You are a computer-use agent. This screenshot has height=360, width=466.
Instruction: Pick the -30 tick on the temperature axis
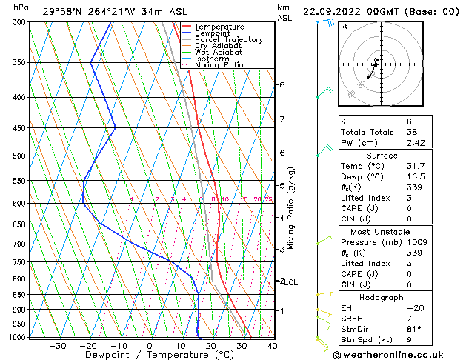click(x=57, y=346)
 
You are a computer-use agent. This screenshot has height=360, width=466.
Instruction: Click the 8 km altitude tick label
click(x=282, y=85)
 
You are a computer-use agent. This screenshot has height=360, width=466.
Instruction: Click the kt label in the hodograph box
click(x=344, y=27)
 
